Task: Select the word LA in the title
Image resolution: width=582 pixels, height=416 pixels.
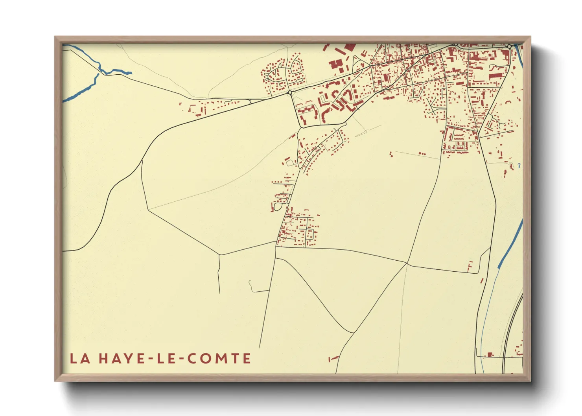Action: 79,359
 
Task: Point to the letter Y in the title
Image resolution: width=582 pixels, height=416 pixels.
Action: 123,359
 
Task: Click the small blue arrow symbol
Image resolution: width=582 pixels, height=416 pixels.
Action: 519,166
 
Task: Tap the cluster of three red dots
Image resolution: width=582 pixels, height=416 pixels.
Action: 422,153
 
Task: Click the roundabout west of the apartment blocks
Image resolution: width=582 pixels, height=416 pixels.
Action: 290,93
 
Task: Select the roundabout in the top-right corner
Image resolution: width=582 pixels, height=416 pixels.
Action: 509,46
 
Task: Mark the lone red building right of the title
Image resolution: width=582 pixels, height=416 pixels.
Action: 333,358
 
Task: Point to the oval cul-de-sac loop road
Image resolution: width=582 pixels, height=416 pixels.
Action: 278,206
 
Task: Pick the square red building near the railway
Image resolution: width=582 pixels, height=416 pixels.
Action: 490,355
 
